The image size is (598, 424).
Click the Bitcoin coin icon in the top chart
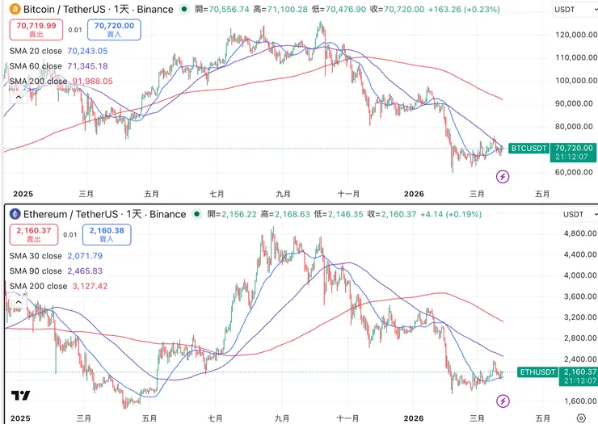point(14,9)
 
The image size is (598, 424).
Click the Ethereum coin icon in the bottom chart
point(14,214)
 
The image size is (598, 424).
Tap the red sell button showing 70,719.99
point(32,30)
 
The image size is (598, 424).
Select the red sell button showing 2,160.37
point(32,235)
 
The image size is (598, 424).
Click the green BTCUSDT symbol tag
point(530,149)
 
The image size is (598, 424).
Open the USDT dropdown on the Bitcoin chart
point(574,10)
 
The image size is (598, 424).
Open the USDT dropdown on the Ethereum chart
point(574,215)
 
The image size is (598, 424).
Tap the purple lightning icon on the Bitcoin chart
point(503,176)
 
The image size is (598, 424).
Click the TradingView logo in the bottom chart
point(21,396)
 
